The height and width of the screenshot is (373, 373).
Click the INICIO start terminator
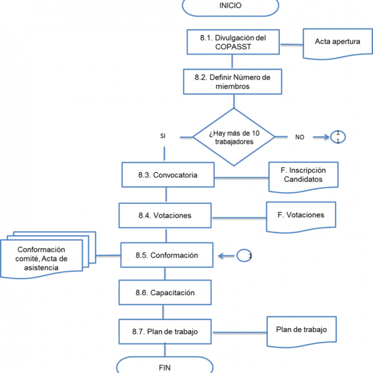[231, 6]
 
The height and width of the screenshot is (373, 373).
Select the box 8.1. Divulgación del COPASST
[233, 42]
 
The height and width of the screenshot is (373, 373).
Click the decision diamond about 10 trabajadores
[233, 137]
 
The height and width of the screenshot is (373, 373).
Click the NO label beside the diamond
[300, 137]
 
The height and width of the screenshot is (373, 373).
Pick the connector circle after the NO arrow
[338, 137]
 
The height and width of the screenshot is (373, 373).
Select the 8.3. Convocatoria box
[167, 175]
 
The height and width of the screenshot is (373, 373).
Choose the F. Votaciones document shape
[301, 215]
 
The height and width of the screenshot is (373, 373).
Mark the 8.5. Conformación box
[167, 255]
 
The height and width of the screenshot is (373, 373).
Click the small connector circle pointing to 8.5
[245, 256]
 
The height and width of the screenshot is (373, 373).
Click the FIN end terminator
[165, 366]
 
